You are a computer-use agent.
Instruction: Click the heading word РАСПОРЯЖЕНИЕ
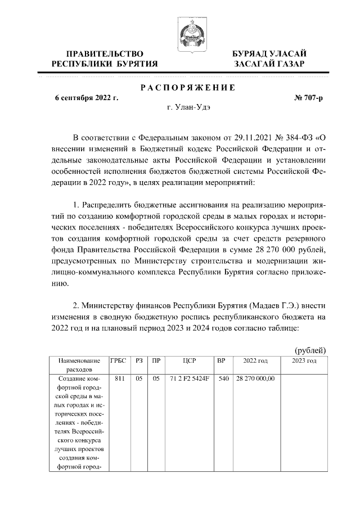[187, 87]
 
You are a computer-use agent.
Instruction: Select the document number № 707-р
[309, 98]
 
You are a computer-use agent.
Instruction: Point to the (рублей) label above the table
[310, 350]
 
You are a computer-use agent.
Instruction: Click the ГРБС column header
[119, 361]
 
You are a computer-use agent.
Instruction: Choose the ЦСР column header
[189, 361]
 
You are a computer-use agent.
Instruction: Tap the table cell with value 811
[119, 379]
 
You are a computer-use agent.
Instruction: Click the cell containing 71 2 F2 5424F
[189, 379]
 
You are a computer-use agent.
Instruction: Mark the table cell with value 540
[223, 379]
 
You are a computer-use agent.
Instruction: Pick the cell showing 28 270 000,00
[255, 379]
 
